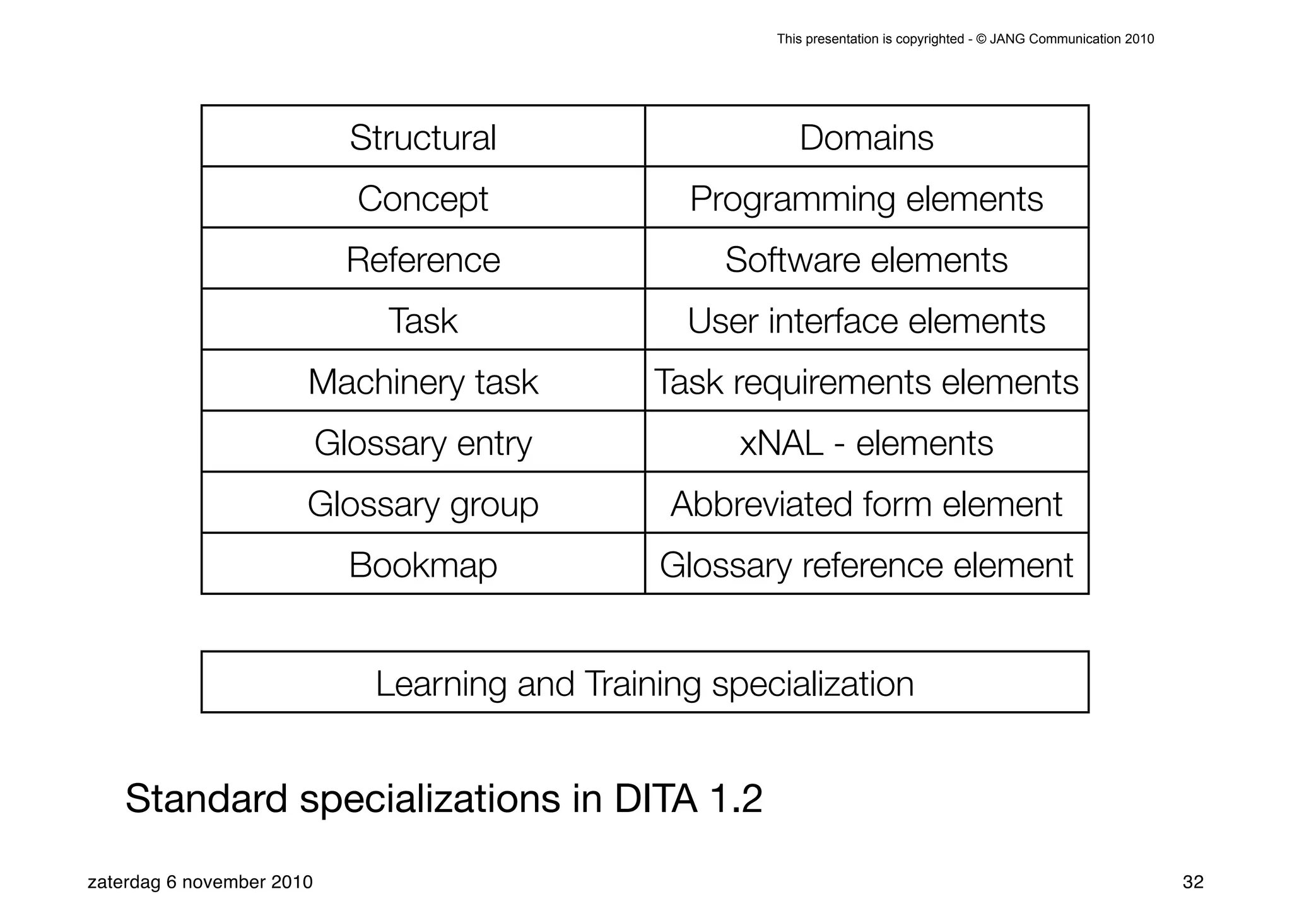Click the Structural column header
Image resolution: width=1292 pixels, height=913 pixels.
pyautogui.click(x=423, y=138)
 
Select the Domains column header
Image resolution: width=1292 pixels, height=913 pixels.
pyautogui.click(x=866, y=138)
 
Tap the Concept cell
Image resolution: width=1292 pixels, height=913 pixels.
pyautogui.click(x=423, y=199)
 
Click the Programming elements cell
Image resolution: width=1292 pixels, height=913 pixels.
pyautogui.click(x=866, y=199)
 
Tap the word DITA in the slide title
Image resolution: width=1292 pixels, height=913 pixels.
pyautogui.click(x=655, y=799)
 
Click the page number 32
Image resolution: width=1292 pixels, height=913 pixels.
pyautogui.click(x=1193, y=882)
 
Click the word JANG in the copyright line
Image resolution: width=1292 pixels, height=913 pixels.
pyautogui.click(x=1007, y=39)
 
